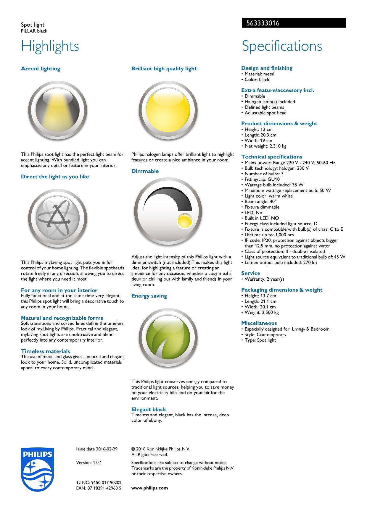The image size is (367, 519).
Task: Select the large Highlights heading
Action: [50, 46]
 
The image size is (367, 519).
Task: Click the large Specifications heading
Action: [282, 46]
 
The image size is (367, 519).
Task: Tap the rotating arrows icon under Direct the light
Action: [58, 219]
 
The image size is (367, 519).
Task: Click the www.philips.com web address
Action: [149, 488]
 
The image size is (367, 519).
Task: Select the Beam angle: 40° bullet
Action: [260, 201]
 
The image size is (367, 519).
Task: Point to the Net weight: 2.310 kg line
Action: [265, 146]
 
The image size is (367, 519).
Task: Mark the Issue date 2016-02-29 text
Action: [97, 449]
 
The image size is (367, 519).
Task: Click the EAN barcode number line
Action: [99, 488]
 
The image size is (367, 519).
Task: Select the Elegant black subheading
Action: [149, 409]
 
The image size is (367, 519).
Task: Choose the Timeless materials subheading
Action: [46, 351]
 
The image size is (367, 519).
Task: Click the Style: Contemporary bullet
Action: [265, 334]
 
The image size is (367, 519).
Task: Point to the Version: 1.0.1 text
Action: [89, 463]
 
